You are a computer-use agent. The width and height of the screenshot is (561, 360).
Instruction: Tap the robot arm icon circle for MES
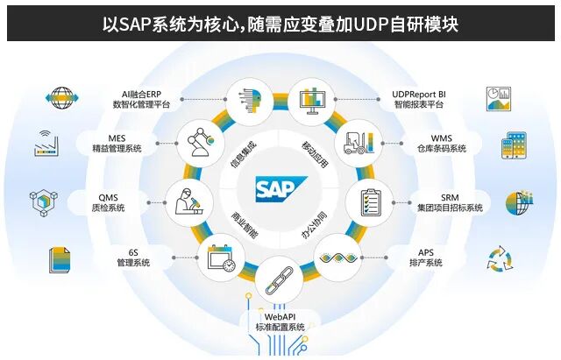tap(202, 138)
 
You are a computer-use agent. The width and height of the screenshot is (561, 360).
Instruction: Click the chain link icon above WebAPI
tap(280, 276)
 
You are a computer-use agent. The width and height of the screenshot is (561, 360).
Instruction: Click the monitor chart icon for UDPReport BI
tap(310, 98)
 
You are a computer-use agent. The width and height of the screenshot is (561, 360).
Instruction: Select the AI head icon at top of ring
tap(249, 98)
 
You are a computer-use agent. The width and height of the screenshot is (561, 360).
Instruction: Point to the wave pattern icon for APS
tap(339, 258)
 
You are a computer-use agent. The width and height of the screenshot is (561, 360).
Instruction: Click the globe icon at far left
tap(60, 97)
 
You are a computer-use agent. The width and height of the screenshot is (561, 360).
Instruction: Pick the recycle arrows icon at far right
tap(500, 258)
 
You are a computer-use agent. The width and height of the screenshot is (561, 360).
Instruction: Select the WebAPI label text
tap(280, 316)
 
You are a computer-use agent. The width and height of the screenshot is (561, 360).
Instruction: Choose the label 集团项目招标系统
tap(450, 208)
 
